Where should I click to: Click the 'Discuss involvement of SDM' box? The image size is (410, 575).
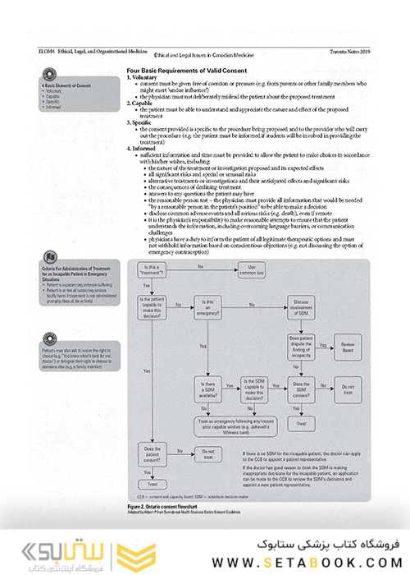[300, 306]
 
